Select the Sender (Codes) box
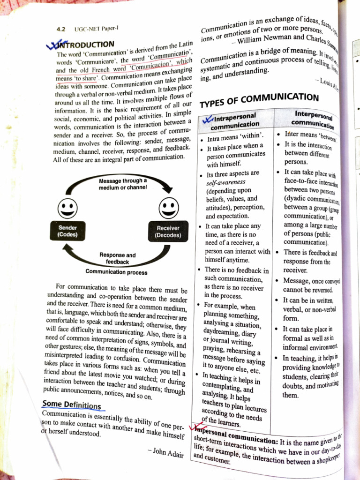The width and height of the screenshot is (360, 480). click(x=68, y=231)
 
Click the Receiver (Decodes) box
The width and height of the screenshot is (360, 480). click(x=168, y=232)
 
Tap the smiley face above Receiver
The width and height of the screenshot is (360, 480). click(x=168, y=207)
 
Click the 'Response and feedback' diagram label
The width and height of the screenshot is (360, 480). click(x=117, y=258)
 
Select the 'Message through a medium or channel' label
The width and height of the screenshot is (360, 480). click(x=123, y=184)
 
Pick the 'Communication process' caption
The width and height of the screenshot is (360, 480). click(x=116, y=272)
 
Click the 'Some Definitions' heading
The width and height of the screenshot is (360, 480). click(x=71, y=405)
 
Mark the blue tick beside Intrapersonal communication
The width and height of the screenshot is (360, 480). click(x=207, y=120)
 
